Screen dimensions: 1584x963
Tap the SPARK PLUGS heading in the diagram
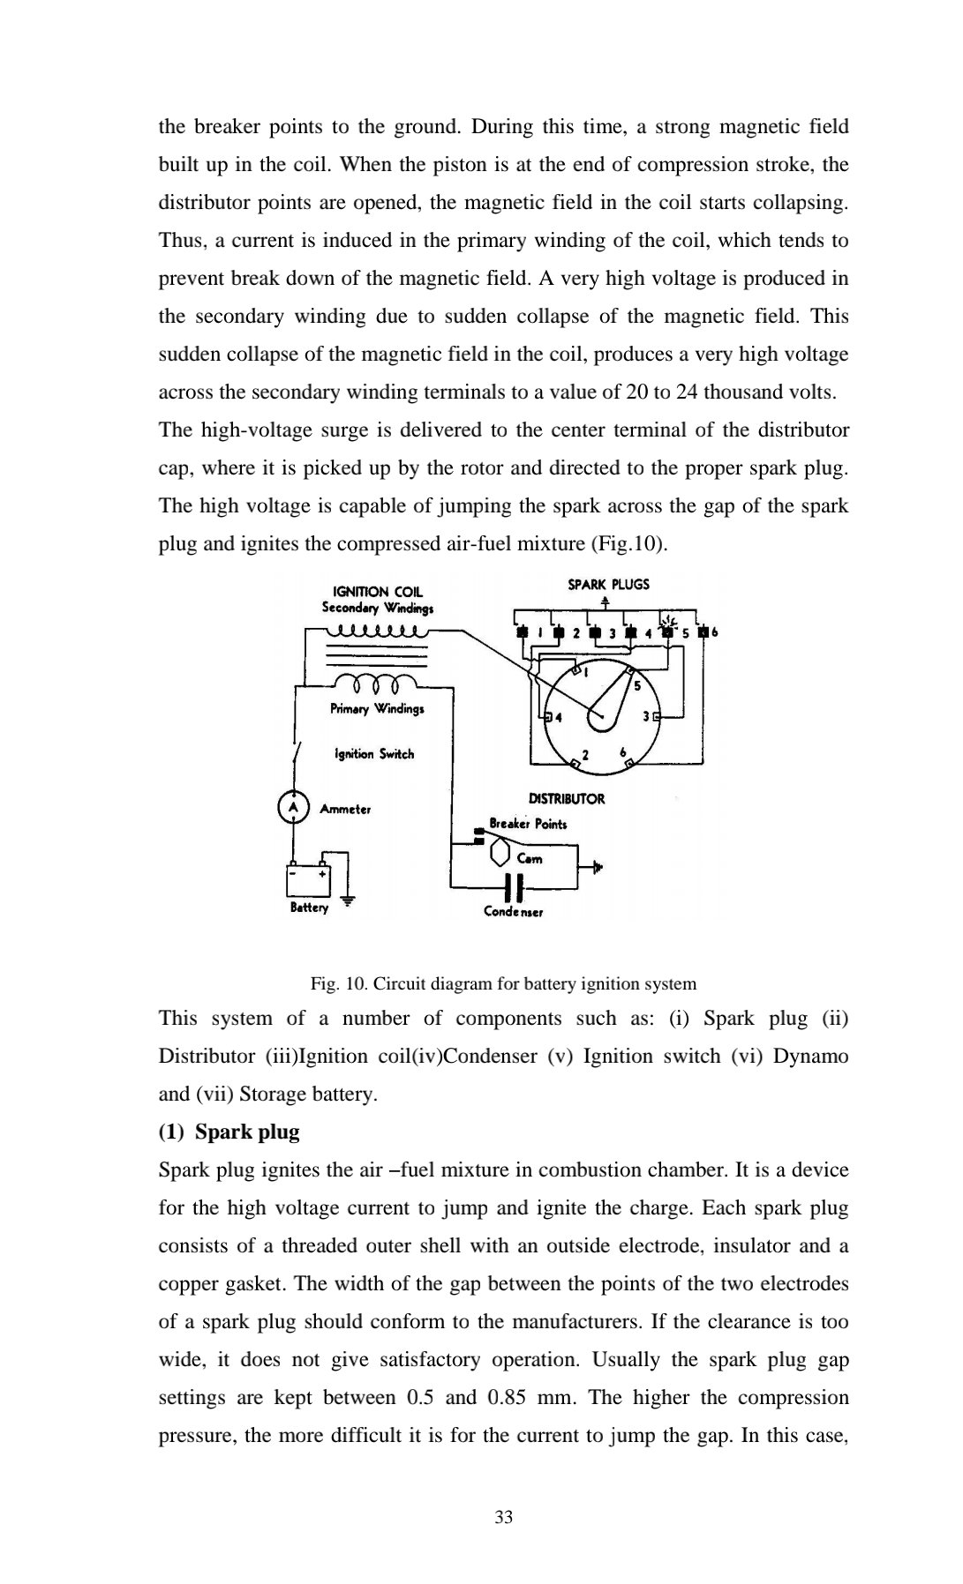tap(608, 584)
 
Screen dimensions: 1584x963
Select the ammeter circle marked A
tap(293, 808)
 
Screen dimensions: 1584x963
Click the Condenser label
tap(513, 912)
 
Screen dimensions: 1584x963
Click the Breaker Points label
tap(528, 824)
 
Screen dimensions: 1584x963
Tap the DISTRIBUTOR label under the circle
tap(566, 799)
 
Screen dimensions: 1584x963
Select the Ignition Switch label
tap(373, 754)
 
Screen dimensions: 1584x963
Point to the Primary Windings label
tap(377, 709)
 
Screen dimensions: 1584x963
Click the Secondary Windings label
tap(377, 608)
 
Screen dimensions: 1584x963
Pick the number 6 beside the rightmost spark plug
tap(715, 632)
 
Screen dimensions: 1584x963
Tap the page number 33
tap(503, 1517)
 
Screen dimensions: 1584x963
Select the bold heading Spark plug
tap(247, 1132)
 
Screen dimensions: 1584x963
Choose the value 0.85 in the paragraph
tap(509, 1398)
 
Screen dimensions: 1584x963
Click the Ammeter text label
tap(345, 809)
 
